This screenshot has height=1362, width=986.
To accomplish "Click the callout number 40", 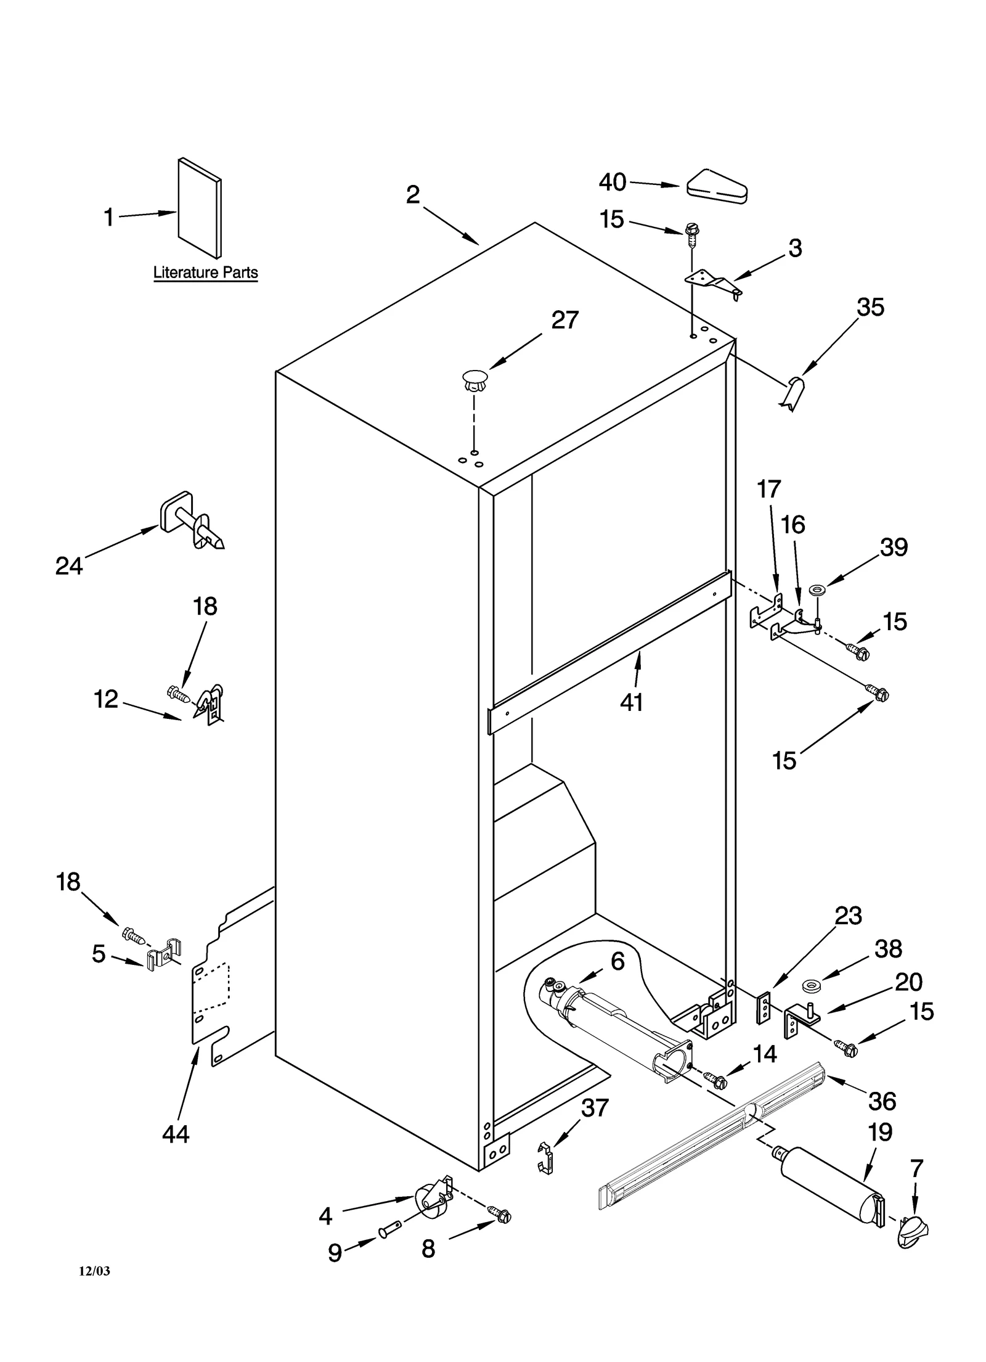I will tap(612, 182).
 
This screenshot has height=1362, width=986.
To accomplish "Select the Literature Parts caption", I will tap(205, 273).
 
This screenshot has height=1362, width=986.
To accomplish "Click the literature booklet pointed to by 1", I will tap(199, 208).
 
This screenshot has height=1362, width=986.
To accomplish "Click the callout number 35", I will tap(870, 306).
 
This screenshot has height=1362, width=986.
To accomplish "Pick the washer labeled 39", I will tap(818, 590).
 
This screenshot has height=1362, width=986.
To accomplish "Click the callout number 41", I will tap(631, 702).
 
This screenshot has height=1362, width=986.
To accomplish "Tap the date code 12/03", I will tap(94, 1271).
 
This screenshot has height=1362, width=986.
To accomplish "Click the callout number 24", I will tap(68, 565).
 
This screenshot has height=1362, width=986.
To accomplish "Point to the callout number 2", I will tap(412, 195).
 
